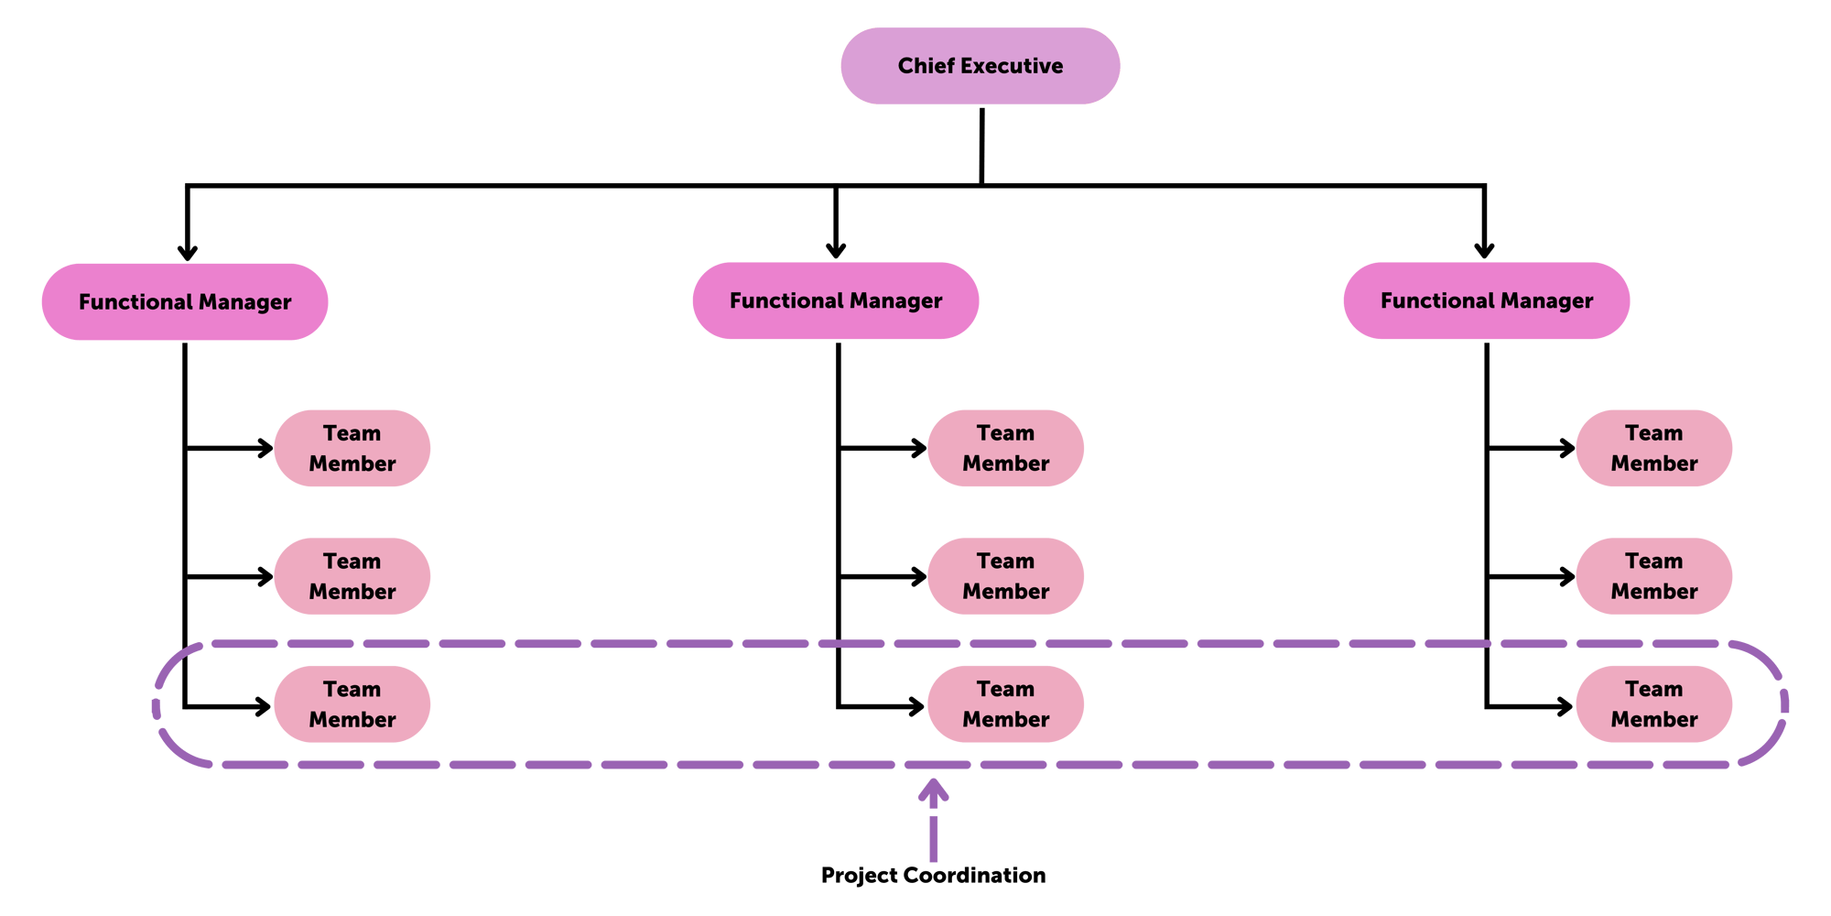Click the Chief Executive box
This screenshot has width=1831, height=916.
click(980, 66)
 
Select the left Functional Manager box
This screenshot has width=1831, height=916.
click(185, 301)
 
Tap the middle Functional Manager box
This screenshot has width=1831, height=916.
click(835, 300)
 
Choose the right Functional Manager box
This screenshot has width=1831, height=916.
click(1486, 300)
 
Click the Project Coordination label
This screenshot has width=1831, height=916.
click(933, 875)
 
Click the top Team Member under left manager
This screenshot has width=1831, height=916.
click(352, 448)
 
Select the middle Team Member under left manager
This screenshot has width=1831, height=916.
click(352, 576)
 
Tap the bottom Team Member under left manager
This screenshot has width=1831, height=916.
click(352, 704)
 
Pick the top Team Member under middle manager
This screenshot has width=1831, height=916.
click(1005, 448)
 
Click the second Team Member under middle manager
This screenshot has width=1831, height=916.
click(1005, 576)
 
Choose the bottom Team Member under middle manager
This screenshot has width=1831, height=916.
click(1005, 704)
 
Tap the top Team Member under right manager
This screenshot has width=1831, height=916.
click(1653, 448)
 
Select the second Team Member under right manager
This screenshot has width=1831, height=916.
click(1653, 576)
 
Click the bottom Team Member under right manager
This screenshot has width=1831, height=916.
click(1653, 704)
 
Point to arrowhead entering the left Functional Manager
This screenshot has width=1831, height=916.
click(187, 252)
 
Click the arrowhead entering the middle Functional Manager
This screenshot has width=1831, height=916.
click(835, 249)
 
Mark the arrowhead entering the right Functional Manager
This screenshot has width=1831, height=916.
click(1484, 249)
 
